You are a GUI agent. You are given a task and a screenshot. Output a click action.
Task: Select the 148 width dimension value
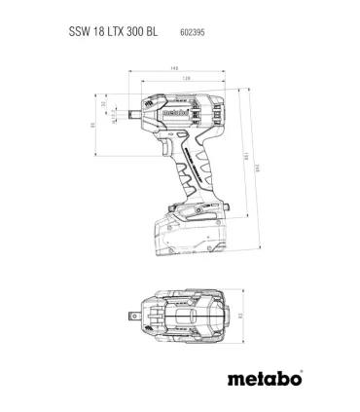click(x=175, y=68)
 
